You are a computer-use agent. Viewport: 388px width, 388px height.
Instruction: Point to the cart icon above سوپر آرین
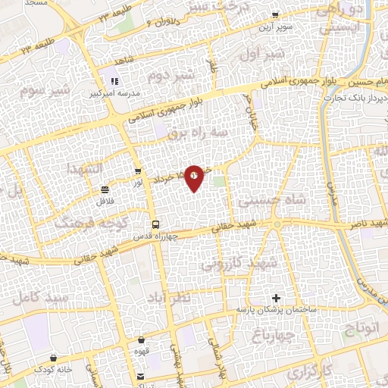[x=275, y=14]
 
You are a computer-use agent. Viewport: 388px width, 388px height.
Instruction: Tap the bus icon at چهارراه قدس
[x=155, y=224]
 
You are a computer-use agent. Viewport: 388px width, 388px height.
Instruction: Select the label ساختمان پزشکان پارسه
[x=275, y=310]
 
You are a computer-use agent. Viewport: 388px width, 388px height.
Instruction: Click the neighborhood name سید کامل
[x=36, y=298]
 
